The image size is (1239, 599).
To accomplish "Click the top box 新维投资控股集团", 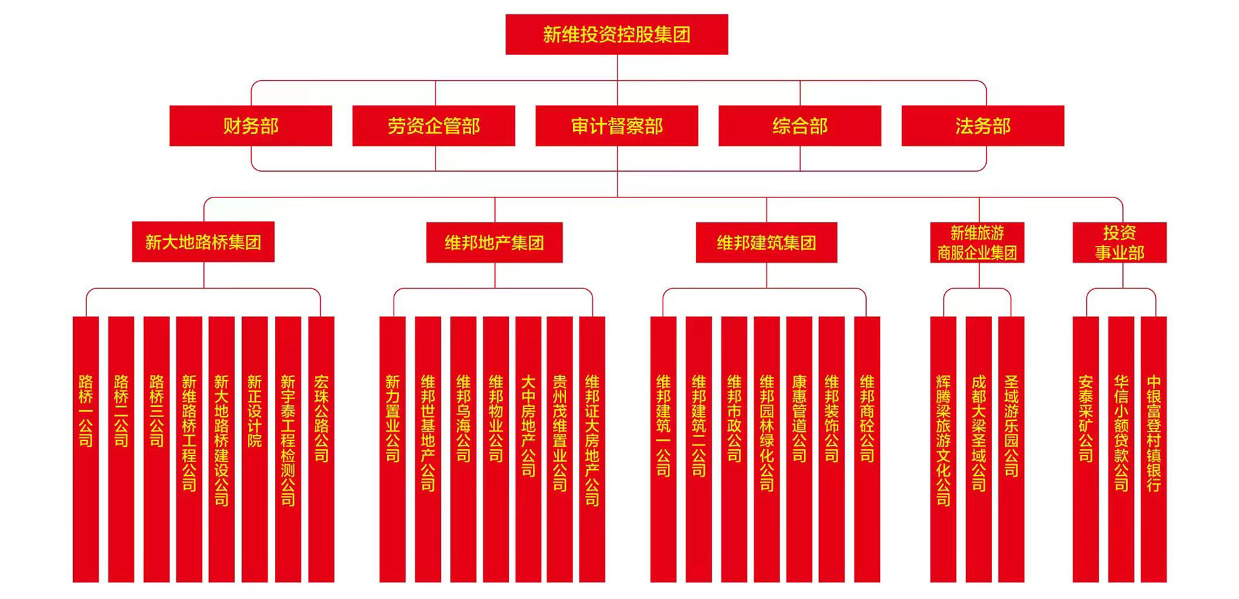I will tap(616, 34).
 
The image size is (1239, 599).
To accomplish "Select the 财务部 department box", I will tap(250, 126).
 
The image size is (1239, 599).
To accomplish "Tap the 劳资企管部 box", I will tap(434, 126).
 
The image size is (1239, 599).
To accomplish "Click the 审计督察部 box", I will tap(616, 126).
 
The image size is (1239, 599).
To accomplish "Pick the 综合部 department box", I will tap(800, 126).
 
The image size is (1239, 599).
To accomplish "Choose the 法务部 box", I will tap(982, 126).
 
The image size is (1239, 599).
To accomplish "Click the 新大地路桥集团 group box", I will tap(203, 242).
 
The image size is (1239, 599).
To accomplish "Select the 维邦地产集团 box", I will tap(494, 243).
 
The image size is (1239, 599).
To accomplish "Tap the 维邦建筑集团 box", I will tap(766, 243).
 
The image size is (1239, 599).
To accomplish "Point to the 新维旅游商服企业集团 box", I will tap(977, 243).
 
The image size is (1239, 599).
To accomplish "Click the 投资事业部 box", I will tap(1119, 243).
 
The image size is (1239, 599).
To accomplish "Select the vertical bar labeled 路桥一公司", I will tap(86, 449).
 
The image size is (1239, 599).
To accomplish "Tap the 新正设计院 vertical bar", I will tap(255, 449).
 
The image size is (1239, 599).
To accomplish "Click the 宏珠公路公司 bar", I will tap(321, 449).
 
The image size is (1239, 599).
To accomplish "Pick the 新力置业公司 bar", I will tap(392, 449).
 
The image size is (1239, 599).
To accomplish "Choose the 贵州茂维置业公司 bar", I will tap(559, 449).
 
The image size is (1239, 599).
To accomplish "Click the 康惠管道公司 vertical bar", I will tap(799, 449).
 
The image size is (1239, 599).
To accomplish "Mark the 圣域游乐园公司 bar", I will tap(1011, 449).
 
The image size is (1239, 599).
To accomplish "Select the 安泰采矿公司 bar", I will tap(1085, 449).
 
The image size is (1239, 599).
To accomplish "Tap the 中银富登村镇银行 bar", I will tap(1153, 449).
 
